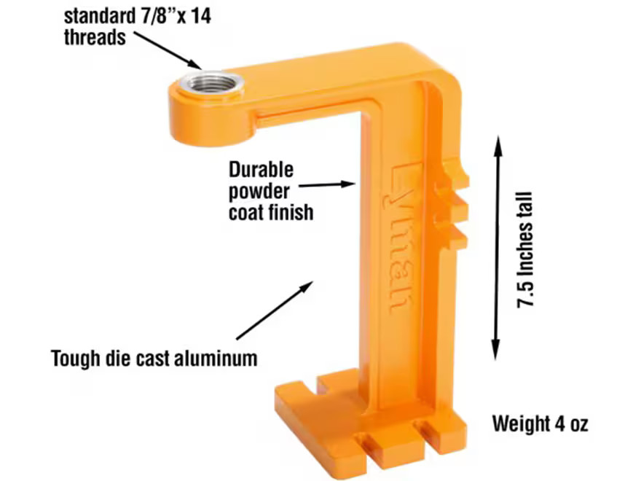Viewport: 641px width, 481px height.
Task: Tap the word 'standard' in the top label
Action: (98, 17)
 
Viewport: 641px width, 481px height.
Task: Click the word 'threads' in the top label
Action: (95, 38)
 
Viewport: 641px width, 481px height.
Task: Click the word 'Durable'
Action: (261, 170)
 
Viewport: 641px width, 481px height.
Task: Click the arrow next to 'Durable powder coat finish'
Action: (327, 185)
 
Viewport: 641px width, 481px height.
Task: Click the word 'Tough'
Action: (75, 359)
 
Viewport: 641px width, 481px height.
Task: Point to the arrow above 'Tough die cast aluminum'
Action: (275, 310)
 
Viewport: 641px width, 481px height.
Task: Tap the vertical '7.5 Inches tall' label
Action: (525, 250)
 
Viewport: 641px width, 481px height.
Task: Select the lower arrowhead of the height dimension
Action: (496, 351)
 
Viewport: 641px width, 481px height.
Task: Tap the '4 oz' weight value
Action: (572, 424)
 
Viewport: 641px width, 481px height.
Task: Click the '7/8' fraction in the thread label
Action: (155, 17)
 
